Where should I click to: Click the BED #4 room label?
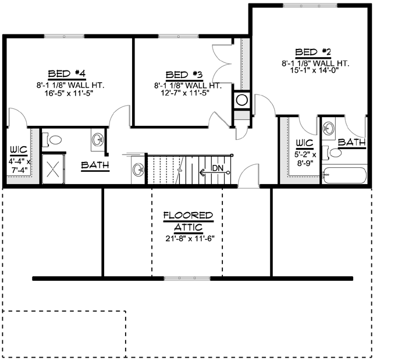67,73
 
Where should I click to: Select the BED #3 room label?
184,75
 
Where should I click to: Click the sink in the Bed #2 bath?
329,128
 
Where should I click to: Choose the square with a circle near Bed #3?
241,100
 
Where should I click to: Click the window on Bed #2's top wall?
308,5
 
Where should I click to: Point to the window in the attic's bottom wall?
187,278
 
